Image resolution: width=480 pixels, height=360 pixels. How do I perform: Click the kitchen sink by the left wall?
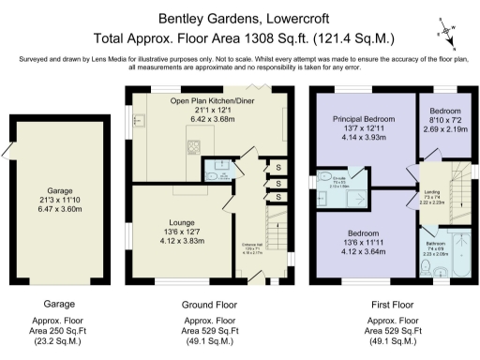coord(139,119)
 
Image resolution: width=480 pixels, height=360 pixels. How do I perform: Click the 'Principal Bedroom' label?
coord(364,120)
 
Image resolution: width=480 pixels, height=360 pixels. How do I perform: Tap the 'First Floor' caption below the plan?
coord(389,305)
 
